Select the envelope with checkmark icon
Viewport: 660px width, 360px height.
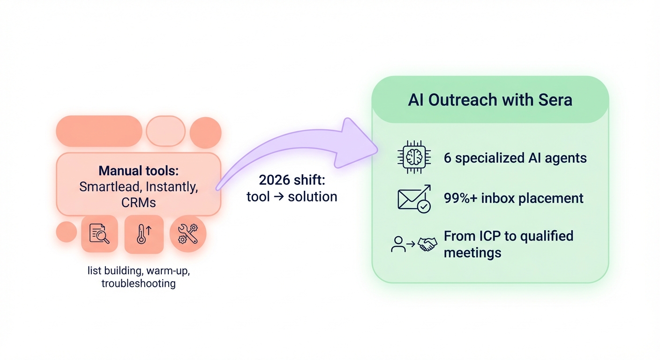pyautogui.click(x=414, y=199)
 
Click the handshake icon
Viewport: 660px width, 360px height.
pyautogui.click(x=427, y=244)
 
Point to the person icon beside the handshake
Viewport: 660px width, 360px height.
pyautogui.click(x=398, y=244)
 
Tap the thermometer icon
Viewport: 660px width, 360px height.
pyautogui.click(x=143, y=234)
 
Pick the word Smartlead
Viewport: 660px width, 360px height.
pyautogui.click(x=110, y=187)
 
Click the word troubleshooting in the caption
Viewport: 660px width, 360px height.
pyautogui.click(x=139, y=284)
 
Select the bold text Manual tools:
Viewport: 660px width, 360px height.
pyautogui.click(x=138, y=170)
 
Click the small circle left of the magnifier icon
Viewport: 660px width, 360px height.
pyautogui.click(x=66, y=232)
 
